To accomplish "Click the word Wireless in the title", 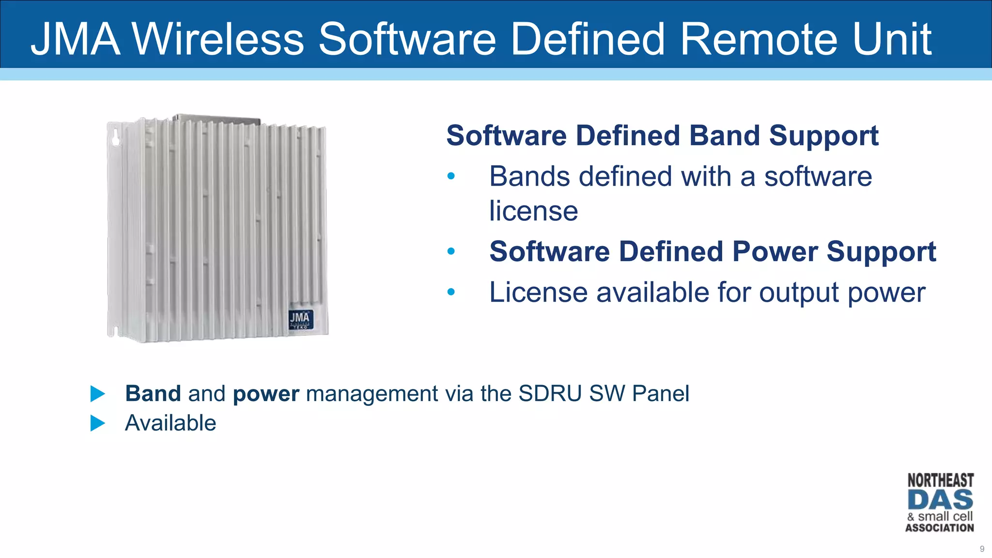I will [218, 39].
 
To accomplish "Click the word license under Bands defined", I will [533, 211].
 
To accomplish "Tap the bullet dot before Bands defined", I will [451, 176].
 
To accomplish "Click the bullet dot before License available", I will [451, 292].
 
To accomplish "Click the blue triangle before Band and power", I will [97, 394].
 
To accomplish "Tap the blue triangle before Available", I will [97, 423].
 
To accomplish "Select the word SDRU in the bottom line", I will [549, 393].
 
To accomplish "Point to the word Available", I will [170, 423].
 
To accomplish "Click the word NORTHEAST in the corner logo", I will [940, 480].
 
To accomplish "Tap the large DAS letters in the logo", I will [940, 500].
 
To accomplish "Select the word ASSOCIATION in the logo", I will [940, 528].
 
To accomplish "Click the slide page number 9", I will [982, 549].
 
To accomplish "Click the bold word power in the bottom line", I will [266, 394].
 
